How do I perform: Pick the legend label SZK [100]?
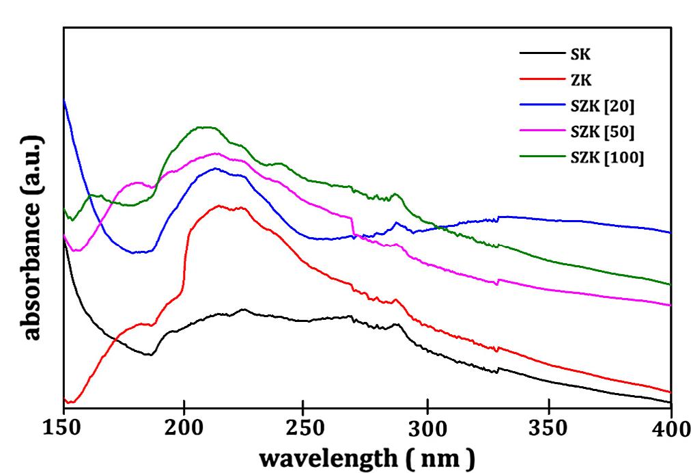click(607, 157)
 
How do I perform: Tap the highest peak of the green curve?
click(205, 127)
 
